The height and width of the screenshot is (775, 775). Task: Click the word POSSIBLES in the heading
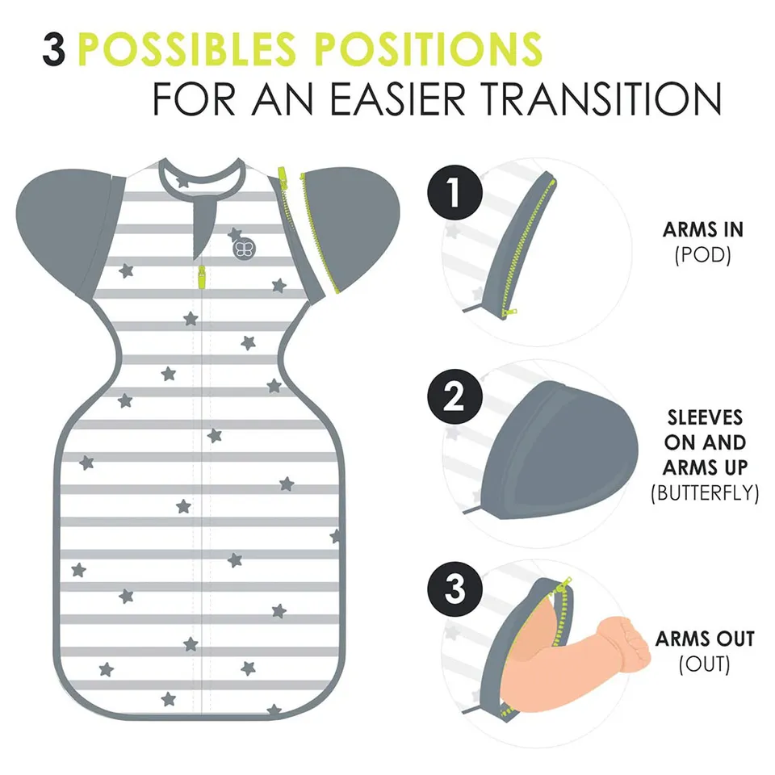(x=186, y=49)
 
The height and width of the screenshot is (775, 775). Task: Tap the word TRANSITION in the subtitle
(x=601, y=98)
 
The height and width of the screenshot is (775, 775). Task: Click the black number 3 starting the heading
(x=54, y=49)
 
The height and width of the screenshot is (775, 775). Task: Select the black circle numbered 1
(x=455, y=192)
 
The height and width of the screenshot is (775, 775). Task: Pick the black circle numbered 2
(x=455, y=396)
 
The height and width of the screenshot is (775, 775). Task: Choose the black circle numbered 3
(x=455, y=589)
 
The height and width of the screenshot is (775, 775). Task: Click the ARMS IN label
(x=703, y=230)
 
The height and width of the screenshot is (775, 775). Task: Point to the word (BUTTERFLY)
(x=705, y=492)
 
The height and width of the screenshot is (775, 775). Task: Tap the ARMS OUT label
(x=705, y=639)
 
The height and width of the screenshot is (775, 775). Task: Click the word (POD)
(x=703, y=255)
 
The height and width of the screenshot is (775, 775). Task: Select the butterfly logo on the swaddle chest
(x=244, y=249)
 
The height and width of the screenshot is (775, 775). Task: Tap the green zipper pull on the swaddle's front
(x=202, y=277)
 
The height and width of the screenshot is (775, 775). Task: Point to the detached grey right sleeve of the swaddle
(x=354, y=228)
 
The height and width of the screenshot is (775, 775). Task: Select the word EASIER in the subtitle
(x=398, y=98)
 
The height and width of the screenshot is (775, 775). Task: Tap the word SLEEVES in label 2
(x=705, y=417)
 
